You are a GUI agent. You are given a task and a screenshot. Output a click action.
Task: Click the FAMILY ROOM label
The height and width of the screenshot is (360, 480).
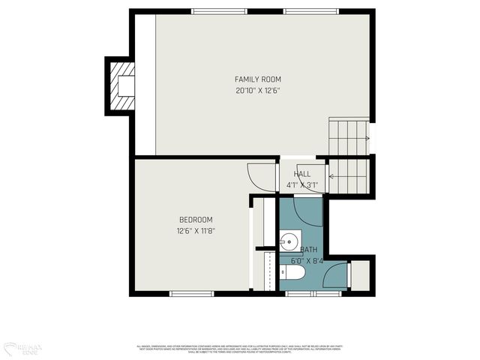click(x=258, y=79)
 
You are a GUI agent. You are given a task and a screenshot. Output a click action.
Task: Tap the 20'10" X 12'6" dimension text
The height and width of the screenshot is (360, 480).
click(x=258, y=91)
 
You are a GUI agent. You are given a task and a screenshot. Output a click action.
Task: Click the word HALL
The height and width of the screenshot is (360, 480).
click(x=302, y=174)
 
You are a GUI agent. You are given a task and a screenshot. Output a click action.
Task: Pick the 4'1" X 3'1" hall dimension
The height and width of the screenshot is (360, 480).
click(x=302, y=184)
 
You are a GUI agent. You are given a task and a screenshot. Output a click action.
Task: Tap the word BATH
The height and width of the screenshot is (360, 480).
click(x=308, y=250)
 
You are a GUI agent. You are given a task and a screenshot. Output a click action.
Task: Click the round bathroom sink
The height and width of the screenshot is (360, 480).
click(x=289, y=241)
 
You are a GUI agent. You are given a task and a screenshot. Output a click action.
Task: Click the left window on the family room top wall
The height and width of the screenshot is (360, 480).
click(x=219, y=11)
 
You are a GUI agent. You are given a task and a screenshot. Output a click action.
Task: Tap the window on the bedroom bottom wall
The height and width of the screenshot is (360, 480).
click(x=192, y=293)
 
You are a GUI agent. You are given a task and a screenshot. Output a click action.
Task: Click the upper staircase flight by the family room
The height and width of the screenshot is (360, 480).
click(x=348, y=136)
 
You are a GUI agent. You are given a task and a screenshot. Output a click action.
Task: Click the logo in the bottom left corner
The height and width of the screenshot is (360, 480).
click(x=22, y=349)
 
